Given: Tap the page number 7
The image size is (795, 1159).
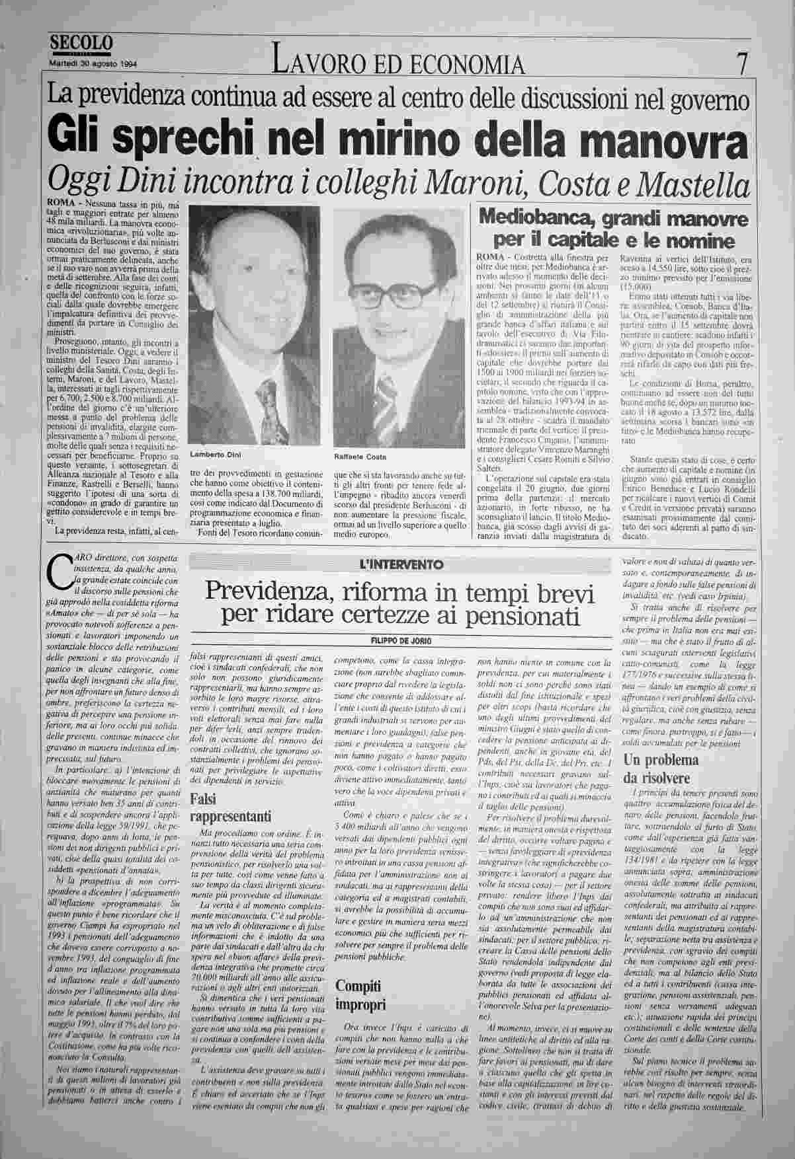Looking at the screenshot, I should click(x=742, y=64).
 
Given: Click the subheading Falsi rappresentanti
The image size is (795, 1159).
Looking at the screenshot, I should click(x=222, y=807).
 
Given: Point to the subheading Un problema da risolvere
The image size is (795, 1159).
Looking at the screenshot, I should click(x=661, y=768).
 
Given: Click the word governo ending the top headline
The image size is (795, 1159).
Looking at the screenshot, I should click(x=712, y=101).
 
